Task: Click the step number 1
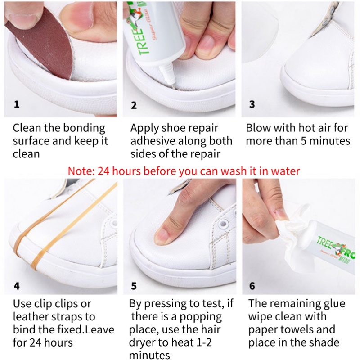[x=17, y=104]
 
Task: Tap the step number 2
[x=134, y=105]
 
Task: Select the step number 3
[x=252, y=104]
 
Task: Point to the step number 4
[x=17, y=286]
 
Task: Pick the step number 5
[x=134, y=286]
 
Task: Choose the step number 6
[x=252, y=286]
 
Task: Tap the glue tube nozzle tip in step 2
[x=173, y=86]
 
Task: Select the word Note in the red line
[x=81, y=171]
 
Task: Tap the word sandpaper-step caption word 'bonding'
[x=84, y=128]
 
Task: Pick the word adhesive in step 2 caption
[x=153, y=141]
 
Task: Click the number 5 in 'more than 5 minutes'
[x=303, y=141]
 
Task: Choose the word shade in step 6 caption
[x=324, y=342]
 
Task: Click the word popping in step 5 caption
[x=201, y=317]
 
